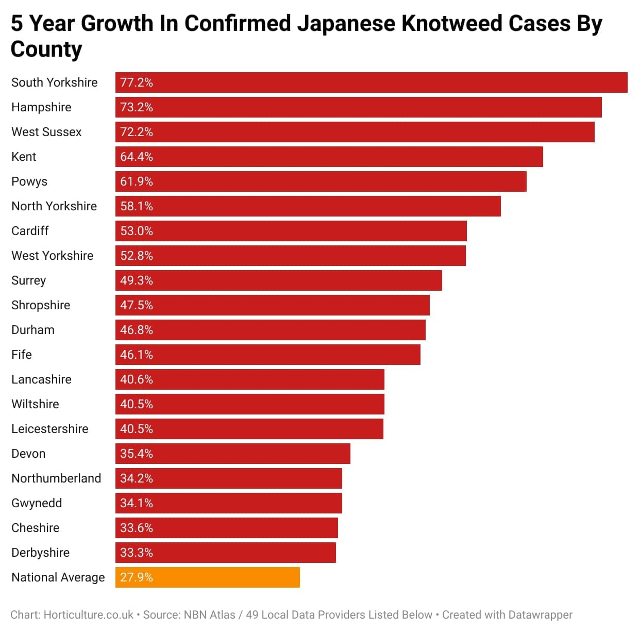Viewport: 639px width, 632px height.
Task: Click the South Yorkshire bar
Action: tap(371, 82)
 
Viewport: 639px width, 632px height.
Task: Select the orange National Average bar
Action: tap(207, 577)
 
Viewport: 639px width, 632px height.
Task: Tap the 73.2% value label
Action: tap(137, 107)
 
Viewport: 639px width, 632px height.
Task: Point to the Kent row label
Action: tap(24, 157)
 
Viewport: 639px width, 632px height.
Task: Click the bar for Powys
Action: tap(321, 181)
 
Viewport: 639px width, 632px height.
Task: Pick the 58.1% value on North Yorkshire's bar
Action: tap(137, 206)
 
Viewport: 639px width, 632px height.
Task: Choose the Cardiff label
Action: tap(30, 231)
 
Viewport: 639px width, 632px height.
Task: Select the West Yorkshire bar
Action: tap(290, 256)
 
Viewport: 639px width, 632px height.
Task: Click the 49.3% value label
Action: tap(137, 280)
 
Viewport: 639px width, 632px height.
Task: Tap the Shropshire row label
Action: tap(41, 305)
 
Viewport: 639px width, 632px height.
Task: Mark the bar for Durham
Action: tap(270, 330)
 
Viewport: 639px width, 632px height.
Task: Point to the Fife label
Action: tap(22, 355)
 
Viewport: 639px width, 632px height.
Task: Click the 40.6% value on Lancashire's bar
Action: tap(137, 379)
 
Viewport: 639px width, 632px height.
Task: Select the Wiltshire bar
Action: tap(249, 404)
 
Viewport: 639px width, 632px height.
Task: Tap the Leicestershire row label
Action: tap(50, 429)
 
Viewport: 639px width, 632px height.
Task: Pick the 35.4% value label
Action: tap(137, 454)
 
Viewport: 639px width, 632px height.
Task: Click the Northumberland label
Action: tap(56, 478)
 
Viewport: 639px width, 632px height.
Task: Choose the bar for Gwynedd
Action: tap(228, 503)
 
